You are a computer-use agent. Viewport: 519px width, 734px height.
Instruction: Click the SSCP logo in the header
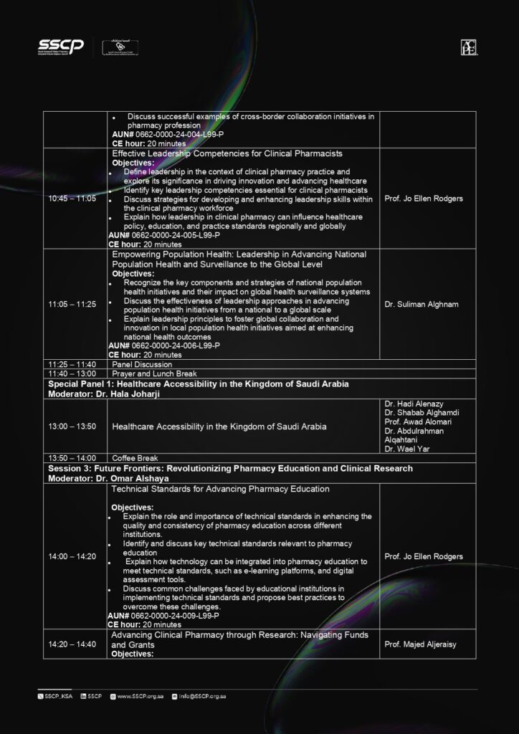point(61,47)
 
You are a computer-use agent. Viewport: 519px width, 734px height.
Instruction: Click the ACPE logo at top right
point(470,47)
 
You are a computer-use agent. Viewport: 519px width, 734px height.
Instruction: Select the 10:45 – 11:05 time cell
point(72,199)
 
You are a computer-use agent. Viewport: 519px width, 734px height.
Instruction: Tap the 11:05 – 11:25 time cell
point(72,305)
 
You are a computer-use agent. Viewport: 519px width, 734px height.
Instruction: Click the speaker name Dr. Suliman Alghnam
point(421,305)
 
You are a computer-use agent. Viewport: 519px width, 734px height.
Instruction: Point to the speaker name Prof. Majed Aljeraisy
point(420,644)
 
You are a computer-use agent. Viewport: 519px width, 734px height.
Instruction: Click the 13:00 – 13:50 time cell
point(72,426)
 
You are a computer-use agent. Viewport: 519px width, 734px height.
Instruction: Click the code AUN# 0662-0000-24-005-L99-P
point(164,235)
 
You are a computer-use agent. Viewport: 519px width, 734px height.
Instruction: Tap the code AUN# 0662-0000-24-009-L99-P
point(163,616)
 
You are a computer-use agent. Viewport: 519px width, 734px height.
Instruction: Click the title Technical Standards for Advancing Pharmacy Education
point(221,489)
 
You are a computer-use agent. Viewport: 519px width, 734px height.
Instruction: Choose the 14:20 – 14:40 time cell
point(72,644)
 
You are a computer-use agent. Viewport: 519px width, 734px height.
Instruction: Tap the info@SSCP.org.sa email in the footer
point(204,696)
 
